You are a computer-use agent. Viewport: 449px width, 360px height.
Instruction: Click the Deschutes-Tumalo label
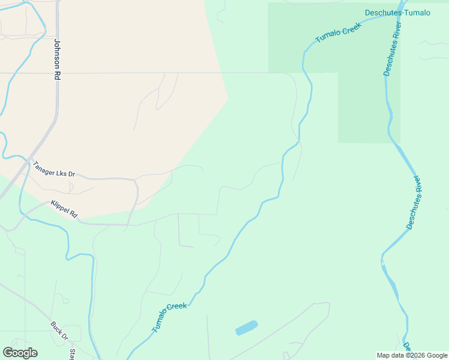tap(397, 13)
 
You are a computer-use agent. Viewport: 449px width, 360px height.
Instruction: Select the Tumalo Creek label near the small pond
tap(169, 318)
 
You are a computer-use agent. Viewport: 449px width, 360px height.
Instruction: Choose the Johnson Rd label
tap(58, 59)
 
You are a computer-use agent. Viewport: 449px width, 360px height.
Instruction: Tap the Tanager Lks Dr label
tap(54, 169)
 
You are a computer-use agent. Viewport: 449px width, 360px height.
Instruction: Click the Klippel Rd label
tap(64, 209)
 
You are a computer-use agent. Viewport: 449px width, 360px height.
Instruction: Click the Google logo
tap(20, 353)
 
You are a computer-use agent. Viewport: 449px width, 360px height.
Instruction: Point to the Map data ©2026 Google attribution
tap(412, 355)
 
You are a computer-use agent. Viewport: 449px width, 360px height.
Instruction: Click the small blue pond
tap(247, 328)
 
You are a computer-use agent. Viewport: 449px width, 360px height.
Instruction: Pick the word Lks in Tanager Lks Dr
tap(61, 171)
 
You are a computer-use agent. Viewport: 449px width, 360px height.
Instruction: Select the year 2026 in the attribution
tap(415, 355)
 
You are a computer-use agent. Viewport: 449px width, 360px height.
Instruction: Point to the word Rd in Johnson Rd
tap(58, 76)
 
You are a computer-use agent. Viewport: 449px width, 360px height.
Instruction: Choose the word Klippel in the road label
tap(60, 207)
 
